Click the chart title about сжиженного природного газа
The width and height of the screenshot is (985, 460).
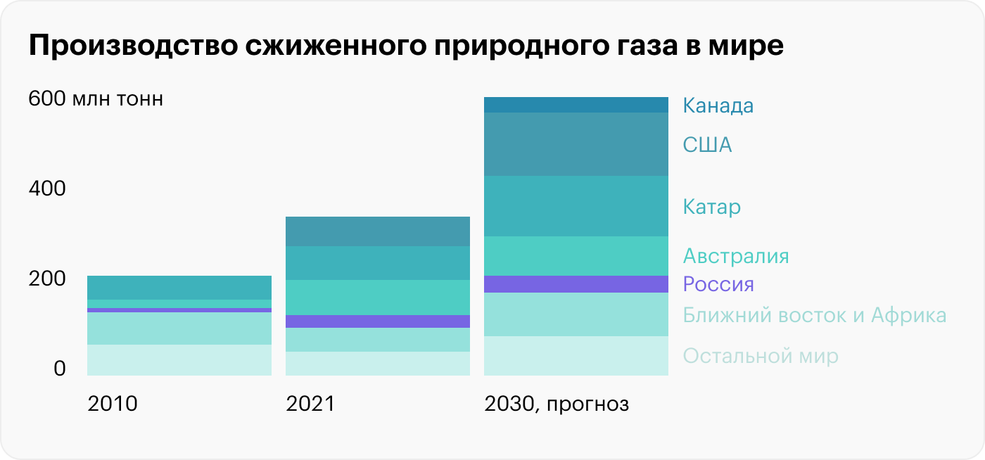pyautogui.click(x=405, y=46)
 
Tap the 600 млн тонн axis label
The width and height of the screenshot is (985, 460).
pyautogui.click(x=96, y=99)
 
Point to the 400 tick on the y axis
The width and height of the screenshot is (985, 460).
pyautogui.click(x=46, y=189)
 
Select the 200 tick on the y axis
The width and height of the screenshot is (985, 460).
pyautogui.click(x=46, y=279)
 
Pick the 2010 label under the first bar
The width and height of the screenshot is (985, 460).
pyautogui.click(x=113, y=404)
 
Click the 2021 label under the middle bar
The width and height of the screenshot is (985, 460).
pyautogui.click(x=311, y=404)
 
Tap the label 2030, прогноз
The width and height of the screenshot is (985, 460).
pyautogui.click(x=557, y=405)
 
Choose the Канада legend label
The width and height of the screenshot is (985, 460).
pyautogui.click(x=718, y=106)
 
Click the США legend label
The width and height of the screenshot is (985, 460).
pyautogui.click(x=707, y=146)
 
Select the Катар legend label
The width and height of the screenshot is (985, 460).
pyautogui.click(x=711, y=207)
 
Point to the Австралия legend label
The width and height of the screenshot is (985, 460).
pyautogui.click(x=736, y=256)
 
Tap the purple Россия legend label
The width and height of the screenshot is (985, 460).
pyautogui.click(x=718, y=285)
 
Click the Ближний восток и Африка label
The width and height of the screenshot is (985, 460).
pyautogui.click(x=814, y=315)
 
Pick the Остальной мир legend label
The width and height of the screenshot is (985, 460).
pyautogui.click(x=761, y=356)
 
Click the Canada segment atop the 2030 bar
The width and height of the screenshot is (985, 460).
pyautogui.click(x=576, y=105)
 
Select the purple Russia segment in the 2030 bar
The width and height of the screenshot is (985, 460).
pyautogui.click(x=576, y=284)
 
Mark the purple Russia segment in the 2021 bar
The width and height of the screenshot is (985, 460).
pyautogui.click(x=377, y=321)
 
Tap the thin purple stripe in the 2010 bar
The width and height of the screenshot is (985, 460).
pyautogui.click(x=179, y=310)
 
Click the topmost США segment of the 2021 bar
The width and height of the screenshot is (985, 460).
pyautogui.click(x=377, y=231)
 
